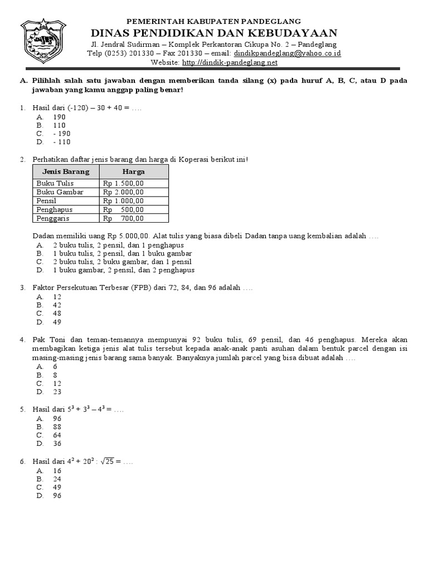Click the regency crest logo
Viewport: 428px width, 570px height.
click(43, 42)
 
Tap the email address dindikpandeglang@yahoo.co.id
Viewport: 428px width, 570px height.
click(289, 53)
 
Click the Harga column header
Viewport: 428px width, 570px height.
click(134, 171)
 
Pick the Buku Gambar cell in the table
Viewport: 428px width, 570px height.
click(60, 192)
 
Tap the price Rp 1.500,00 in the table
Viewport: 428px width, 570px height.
click(123, 183)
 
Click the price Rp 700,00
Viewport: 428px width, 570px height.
click(123, 219)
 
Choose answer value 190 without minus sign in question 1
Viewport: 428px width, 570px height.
click(59, 117)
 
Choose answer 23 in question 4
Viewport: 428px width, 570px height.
click(57, 392)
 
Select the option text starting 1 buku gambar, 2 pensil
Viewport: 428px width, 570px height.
click(124, 270)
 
